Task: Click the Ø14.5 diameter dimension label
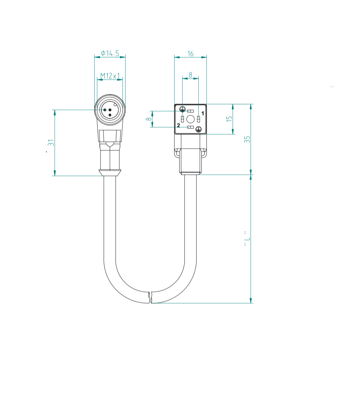[x=110, y=53]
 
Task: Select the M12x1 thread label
[x=110, y=76]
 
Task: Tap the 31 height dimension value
[x=51, y=143]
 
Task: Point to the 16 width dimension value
[x=191, y=54]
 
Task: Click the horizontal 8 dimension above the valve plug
[x=191, y=75]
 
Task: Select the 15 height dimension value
[x=229, y=119]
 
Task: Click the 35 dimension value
[x=247, y=139]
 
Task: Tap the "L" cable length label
[x=247, y=238]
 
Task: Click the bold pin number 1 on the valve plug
[x=203, y=113]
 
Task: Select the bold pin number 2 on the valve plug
[x=178, y=125]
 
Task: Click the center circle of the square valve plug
[x=191, y=119]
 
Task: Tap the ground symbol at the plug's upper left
[x=182, y=109]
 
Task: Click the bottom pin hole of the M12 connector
[x=110, y=115]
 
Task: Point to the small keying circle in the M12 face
[x=115, y=104]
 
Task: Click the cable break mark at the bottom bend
[x=150, y=297]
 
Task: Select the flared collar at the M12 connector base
[x=110, y=173]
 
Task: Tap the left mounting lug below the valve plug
[x=177, y=152]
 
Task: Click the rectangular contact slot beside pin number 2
[x=190, y=127]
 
